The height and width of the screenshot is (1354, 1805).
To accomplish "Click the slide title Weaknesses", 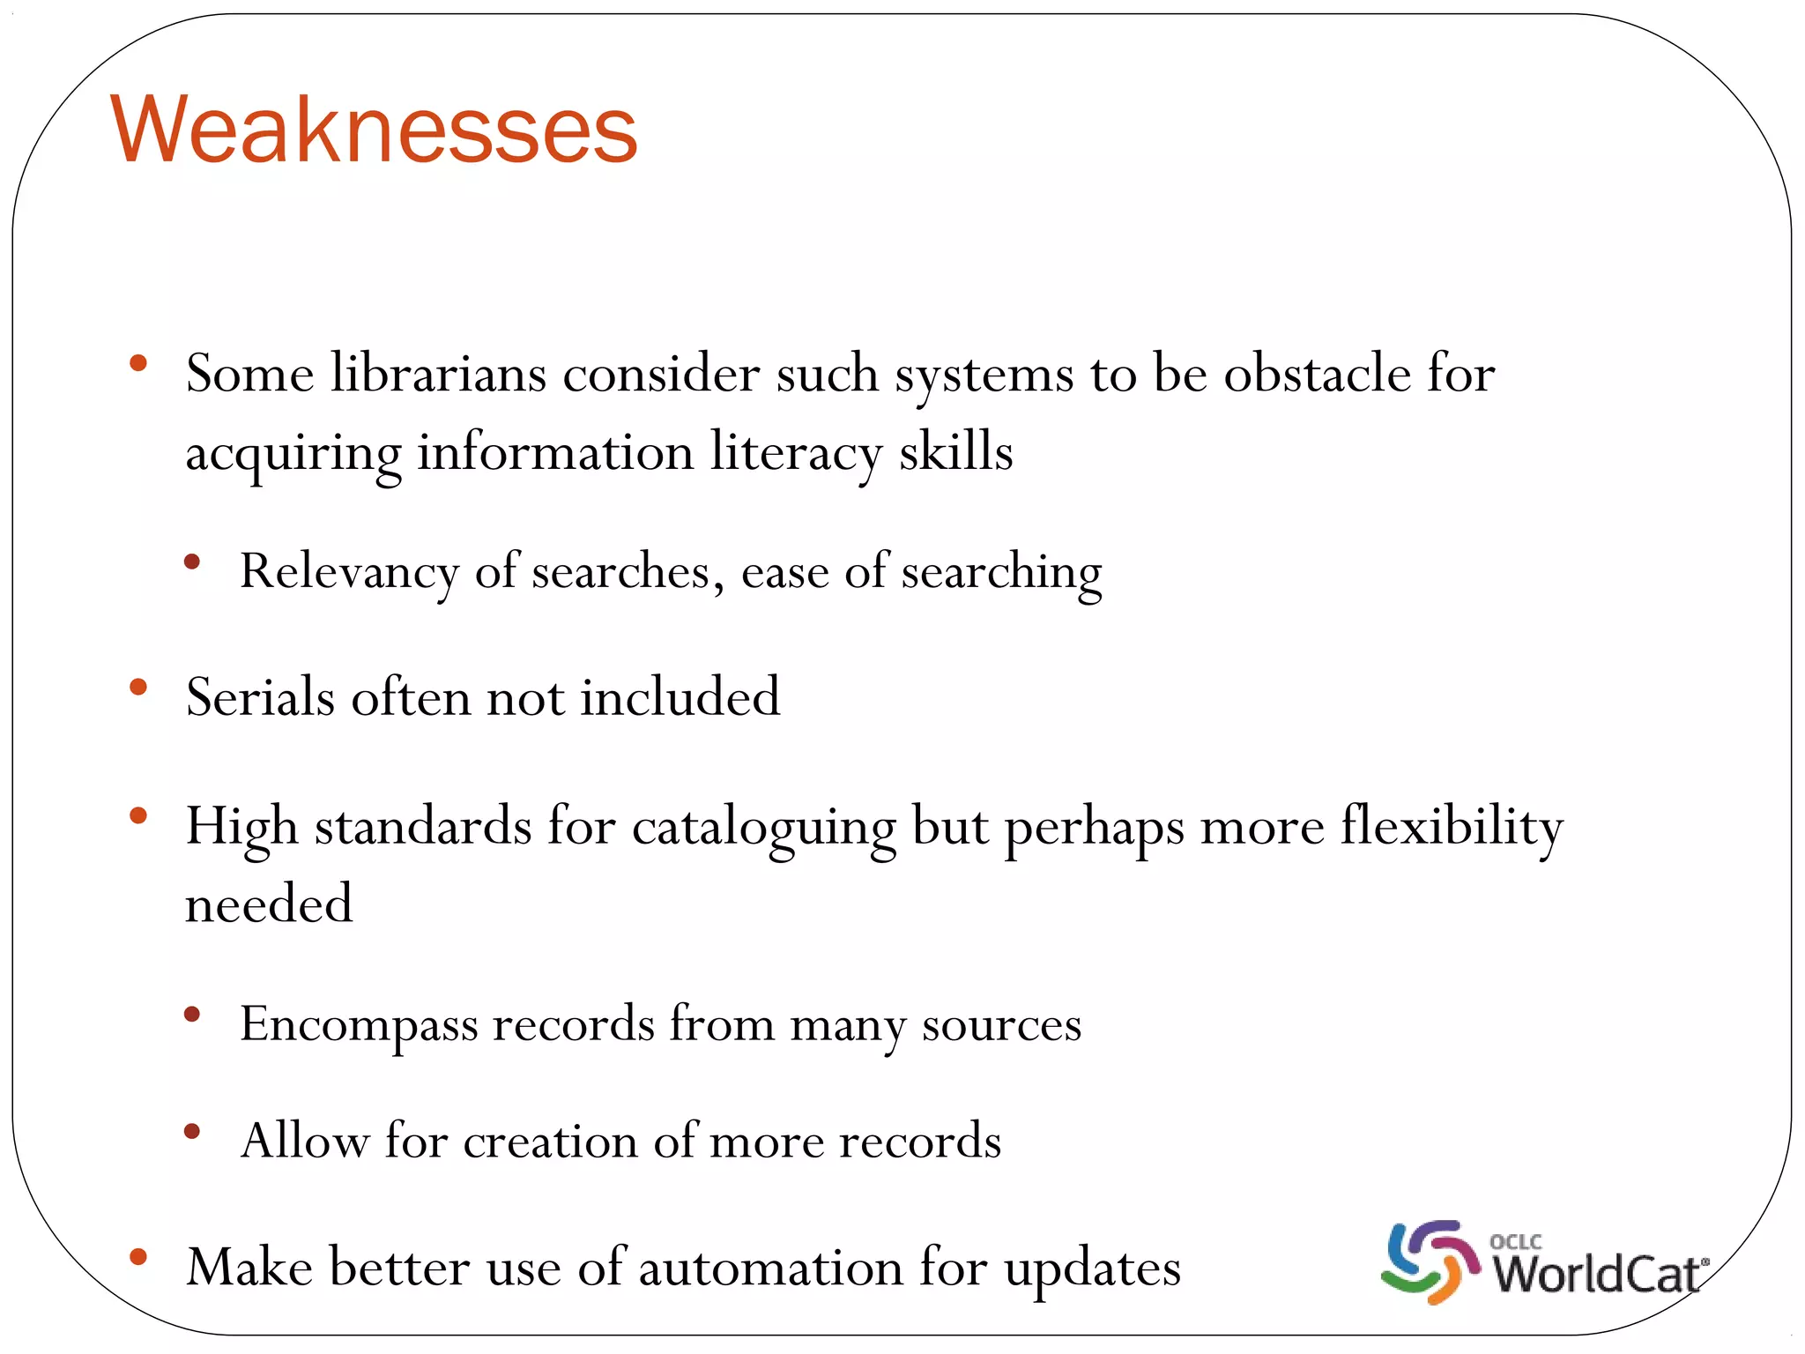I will (x=374, y=130).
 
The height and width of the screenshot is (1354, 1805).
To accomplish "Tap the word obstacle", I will (x=1317, y=374).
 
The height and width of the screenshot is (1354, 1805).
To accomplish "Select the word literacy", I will (x=796, y=453).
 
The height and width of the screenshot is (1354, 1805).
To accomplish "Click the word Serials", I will (x=260, y=697).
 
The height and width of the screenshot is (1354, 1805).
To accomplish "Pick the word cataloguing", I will (x=763, y=829).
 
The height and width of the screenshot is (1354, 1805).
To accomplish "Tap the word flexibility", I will (x=1452, y=829).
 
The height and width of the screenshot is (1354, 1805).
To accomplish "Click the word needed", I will (x=269, y=904).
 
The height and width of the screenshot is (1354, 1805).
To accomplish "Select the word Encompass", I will (x=358, y=1025).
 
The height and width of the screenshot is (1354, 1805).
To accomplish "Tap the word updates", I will (x=1092, y=1269).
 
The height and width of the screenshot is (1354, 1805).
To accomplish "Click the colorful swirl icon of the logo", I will (x=1430, y=1261).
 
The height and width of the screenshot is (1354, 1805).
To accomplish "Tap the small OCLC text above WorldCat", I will (x=1515, y=1241).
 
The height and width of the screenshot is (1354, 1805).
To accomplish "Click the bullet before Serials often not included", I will (x=138, y=687).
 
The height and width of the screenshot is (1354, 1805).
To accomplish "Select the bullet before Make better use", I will (x=138, y=1257).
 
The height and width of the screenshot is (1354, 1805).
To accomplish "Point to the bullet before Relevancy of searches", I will (x=192, y=562).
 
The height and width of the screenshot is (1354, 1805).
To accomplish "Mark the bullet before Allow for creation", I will (x=192, y=1130).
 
